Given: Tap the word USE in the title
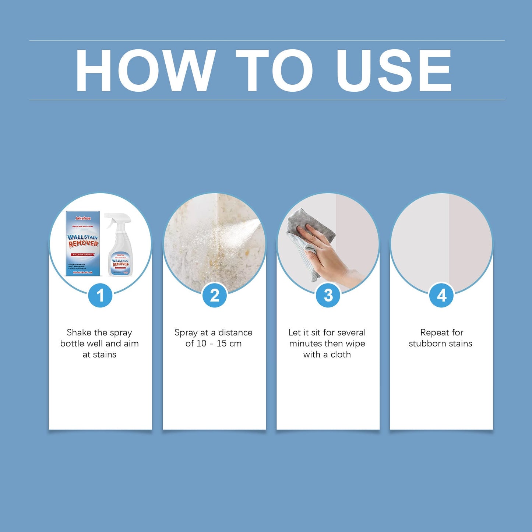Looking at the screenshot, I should (394, 70).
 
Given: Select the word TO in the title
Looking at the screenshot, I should (274, 70).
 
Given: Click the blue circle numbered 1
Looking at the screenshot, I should (100, 295).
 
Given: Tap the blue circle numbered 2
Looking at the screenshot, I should (214, 295).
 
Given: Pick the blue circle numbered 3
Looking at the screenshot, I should (328, 295).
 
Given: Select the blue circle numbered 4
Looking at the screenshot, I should (441, 295).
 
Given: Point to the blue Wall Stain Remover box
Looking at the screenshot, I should (83, 243).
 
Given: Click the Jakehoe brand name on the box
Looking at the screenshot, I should (83, 218).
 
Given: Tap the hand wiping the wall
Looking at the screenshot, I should (324, 254).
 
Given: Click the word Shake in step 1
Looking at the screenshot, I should (79, 332).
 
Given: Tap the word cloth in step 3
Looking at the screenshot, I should (341, 355).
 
